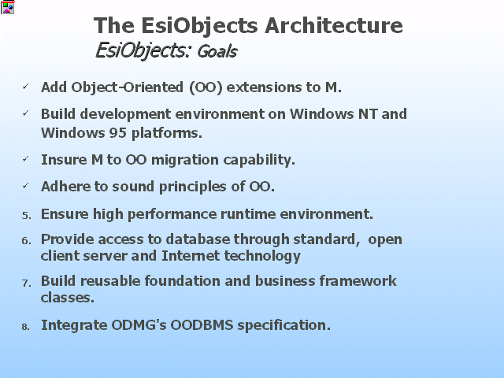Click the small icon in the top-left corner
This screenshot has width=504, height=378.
click(7, 7)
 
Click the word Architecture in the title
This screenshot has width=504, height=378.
click(334, 25)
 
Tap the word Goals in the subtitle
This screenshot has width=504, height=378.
click(217, 51)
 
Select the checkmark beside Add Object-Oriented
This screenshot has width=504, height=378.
click(26, 87)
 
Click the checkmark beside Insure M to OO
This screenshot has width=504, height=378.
click(26, 159)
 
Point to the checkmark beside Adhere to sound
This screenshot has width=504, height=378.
click(26, 186)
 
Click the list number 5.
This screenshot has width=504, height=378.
click(26, 215)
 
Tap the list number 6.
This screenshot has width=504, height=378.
click(26, 241)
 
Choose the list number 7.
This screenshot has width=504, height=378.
click(26, 283)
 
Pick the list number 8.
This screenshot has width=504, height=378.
click(26, 327)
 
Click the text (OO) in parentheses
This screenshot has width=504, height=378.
click(206, 87)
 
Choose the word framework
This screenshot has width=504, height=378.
click(358, 281)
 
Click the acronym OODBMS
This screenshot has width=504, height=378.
click(202, 325)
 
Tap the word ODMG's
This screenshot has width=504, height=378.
click(139, 325)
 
